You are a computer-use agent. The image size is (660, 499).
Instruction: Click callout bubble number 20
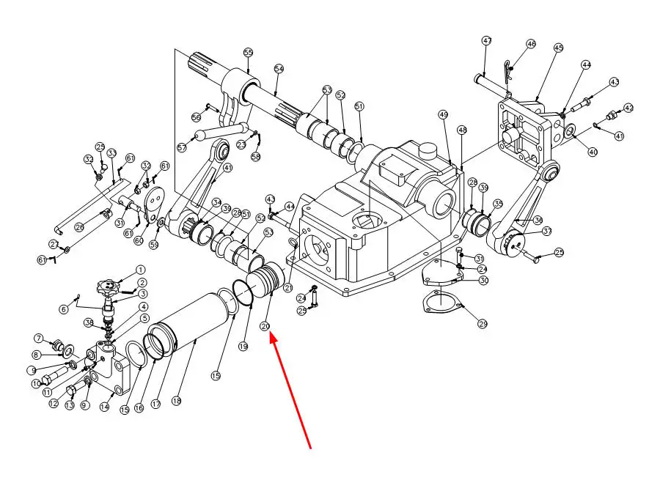(265, 326)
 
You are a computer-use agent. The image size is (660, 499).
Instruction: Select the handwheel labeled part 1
(109, 284)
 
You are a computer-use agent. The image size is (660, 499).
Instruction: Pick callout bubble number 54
(279, 69)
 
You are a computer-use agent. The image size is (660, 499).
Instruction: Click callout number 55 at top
(248, 53)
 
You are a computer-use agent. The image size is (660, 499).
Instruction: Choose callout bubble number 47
(486, 41)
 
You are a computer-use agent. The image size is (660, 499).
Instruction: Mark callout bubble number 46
(532, 45)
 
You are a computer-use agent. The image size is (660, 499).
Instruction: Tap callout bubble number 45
(559, 48)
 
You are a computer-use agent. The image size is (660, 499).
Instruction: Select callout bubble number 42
(628, 108)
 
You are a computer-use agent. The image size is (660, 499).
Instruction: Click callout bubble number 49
(443, 115)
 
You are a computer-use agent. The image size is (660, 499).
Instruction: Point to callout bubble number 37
(546, 232)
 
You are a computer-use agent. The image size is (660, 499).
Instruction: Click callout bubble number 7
(38, 338)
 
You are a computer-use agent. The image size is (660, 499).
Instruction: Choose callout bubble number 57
(181, 147)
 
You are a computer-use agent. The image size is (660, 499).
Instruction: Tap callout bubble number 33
(112, 153)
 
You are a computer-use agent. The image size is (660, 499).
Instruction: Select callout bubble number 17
(155, 404)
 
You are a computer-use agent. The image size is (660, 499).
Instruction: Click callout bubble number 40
(593, 152)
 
